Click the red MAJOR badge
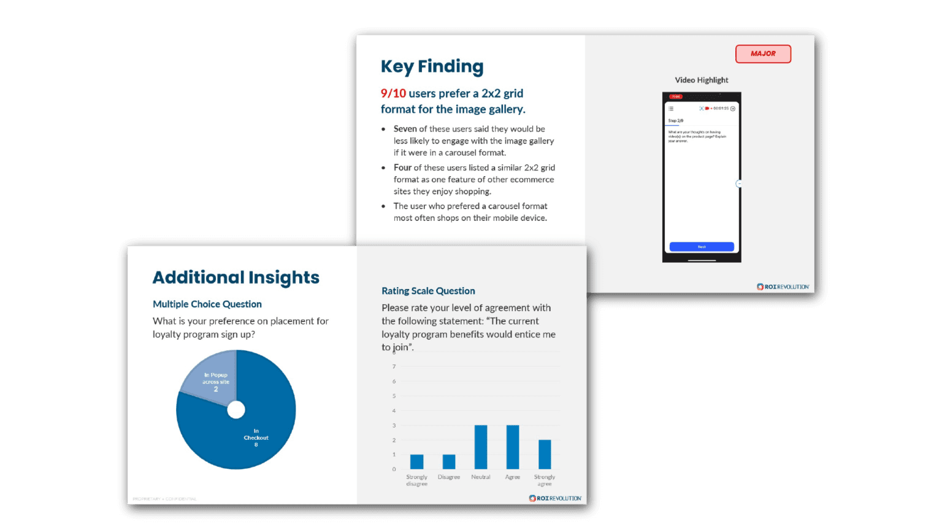(763, 54)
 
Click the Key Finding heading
(432, 66)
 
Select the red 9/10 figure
(393, 93)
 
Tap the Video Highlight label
(702, 80)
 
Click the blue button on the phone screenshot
(702, 247)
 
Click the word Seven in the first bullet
(405, 129)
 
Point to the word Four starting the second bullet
(402, 167)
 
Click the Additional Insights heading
(235, 277)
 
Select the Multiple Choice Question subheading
(207, 304)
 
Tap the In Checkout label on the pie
(256, 437)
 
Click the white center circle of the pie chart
(236, 410)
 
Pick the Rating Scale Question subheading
(428, 291)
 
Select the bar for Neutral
(481, 447)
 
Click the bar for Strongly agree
(545, 455)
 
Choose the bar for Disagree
(449, 462)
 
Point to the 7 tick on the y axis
(394, 367)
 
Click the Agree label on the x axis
(513, 477)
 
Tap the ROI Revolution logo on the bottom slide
(555, 498)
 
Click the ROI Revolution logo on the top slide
(783, 286)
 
